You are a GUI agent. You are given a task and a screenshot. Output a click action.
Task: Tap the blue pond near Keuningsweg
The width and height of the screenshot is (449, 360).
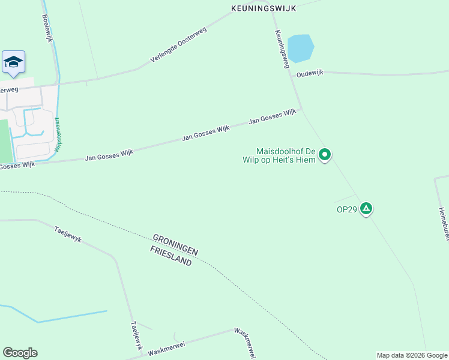tap(301, 47)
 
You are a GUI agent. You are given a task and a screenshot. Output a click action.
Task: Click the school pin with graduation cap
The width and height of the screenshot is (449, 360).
tap(13, 62)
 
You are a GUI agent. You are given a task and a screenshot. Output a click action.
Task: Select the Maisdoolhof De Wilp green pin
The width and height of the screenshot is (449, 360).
tap(325, 155)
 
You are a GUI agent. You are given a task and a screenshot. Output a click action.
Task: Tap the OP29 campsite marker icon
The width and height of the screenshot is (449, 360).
tap(366, 209)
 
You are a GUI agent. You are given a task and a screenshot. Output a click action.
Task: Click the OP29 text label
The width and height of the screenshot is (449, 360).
tap(347, 209)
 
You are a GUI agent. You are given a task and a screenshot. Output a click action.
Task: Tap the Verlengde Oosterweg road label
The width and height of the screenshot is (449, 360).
tap(178, 47)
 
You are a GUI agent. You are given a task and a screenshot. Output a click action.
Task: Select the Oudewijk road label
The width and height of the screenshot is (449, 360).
tap(310, 73)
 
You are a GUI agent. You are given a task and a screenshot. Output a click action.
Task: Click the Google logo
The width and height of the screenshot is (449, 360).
tap(20, 352)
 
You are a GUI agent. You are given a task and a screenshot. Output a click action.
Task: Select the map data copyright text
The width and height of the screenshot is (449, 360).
tap(411, 355)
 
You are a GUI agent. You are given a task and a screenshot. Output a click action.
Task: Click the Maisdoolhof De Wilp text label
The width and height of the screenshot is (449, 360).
tap(286, 155)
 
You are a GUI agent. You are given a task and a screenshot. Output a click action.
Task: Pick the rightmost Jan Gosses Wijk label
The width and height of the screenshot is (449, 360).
tap(273, 116)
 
